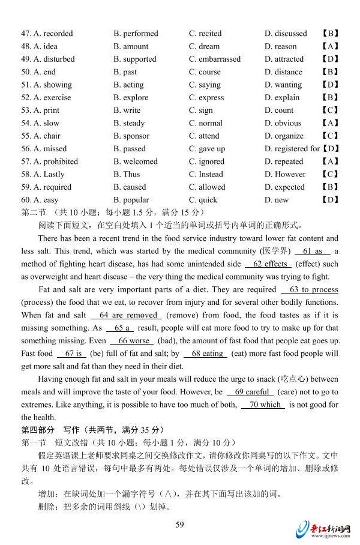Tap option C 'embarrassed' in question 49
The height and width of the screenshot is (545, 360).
[214, 59]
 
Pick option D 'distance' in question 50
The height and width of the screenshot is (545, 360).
[283, 72]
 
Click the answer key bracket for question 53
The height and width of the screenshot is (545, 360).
[330, 110]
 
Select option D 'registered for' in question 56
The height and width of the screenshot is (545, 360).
[292, 149]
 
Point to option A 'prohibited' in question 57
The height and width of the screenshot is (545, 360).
[56, 161]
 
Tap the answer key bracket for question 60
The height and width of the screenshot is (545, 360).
[330, 200]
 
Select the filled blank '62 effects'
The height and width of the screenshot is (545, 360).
[268, 264]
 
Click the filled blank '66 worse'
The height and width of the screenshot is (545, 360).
[133, 341]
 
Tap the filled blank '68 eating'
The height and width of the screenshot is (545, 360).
[205, 354]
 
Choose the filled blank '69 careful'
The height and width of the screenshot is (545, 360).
[250, 392]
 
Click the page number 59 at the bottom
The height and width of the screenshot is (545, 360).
[179, 525]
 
